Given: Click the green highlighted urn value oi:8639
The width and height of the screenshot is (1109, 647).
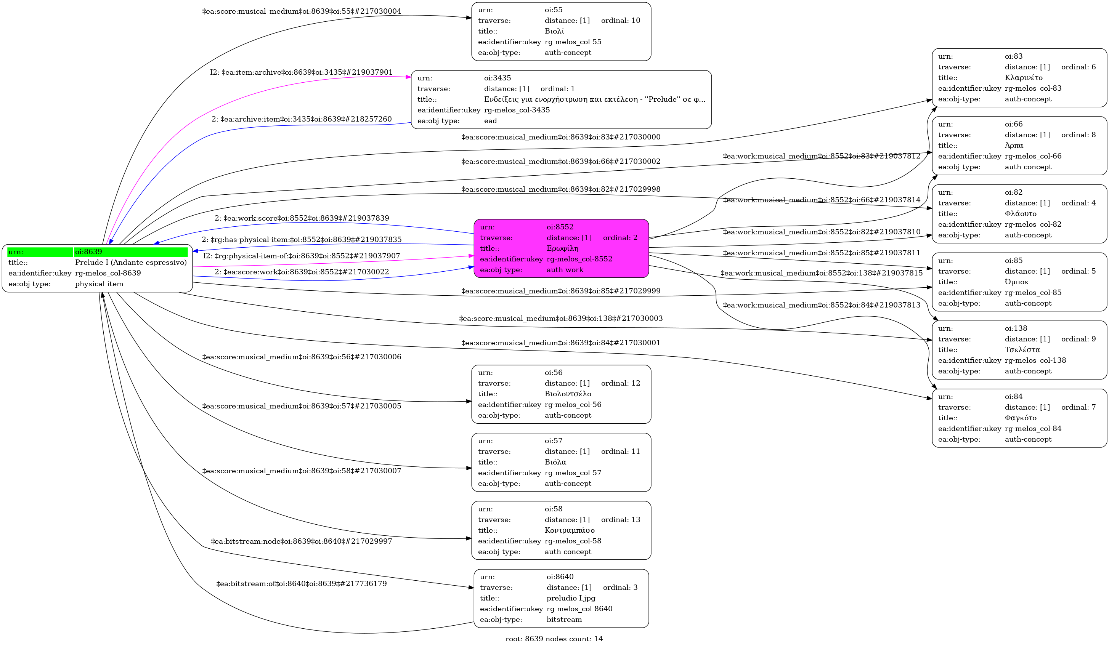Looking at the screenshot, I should tap(88, 251).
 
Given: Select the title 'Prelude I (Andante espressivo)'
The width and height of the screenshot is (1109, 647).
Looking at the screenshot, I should tap(131, 262).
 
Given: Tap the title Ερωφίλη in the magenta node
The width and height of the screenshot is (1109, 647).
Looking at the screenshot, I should tap(562, 248).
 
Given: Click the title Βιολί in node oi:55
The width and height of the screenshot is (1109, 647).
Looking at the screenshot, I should tap(554, 31).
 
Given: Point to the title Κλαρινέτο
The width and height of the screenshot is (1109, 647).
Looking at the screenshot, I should tap(1024, 77).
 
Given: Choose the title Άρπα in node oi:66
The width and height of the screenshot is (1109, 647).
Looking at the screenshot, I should tap(1014, 145).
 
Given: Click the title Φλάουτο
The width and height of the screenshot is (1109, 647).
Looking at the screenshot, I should tap(1021, 213).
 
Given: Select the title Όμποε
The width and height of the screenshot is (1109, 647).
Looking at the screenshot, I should tap(1016, 282).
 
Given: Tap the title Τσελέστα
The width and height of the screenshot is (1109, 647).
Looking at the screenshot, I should tap(1022, 350).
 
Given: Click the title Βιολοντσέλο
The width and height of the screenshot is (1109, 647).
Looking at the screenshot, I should tap(568, 394).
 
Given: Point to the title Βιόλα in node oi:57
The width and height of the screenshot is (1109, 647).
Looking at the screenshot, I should tap(555, 462).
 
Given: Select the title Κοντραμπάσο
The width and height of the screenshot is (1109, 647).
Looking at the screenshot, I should tap(570, 530).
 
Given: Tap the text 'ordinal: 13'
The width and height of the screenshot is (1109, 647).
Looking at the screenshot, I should tap(621, 519).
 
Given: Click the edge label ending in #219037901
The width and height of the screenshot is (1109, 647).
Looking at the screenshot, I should tap(301, 72).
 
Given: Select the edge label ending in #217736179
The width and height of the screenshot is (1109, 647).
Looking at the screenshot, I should tap(302, 584).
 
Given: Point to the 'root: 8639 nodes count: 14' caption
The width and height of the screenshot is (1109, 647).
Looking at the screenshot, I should tap(554, 639).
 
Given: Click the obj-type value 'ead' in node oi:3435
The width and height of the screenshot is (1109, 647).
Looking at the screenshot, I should tap(490, 120).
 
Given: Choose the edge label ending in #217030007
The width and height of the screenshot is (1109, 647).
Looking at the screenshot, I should tap(302, 471).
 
